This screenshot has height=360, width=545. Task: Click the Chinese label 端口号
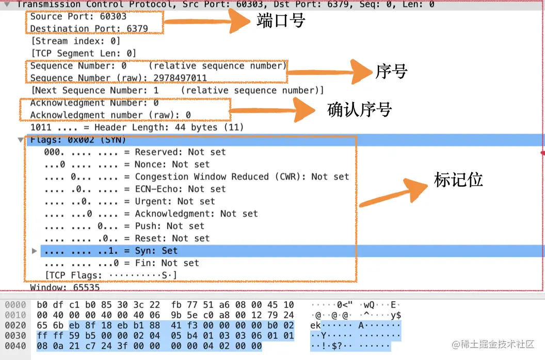pyautogui.click(x=281, y=21)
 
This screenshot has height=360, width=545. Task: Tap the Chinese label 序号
pyautogui.click(x=391, y=72)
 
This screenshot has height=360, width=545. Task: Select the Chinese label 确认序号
pyautogui.click(x=360, y=109)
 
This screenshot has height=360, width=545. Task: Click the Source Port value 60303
pyautogui.click(x=113, y=17)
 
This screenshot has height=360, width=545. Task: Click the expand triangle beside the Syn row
pyautogui.click(x=35, y=251)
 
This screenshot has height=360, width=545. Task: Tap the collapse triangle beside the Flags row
pyautogui.click(x=21, y=140)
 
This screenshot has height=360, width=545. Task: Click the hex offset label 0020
pyautogui.click(x=15, y=325)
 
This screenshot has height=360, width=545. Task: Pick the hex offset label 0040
pyautogui.click(x=15, y=346)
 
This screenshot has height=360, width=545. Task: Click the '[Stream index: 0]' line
pyautogui.click(x=75, y=41)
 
